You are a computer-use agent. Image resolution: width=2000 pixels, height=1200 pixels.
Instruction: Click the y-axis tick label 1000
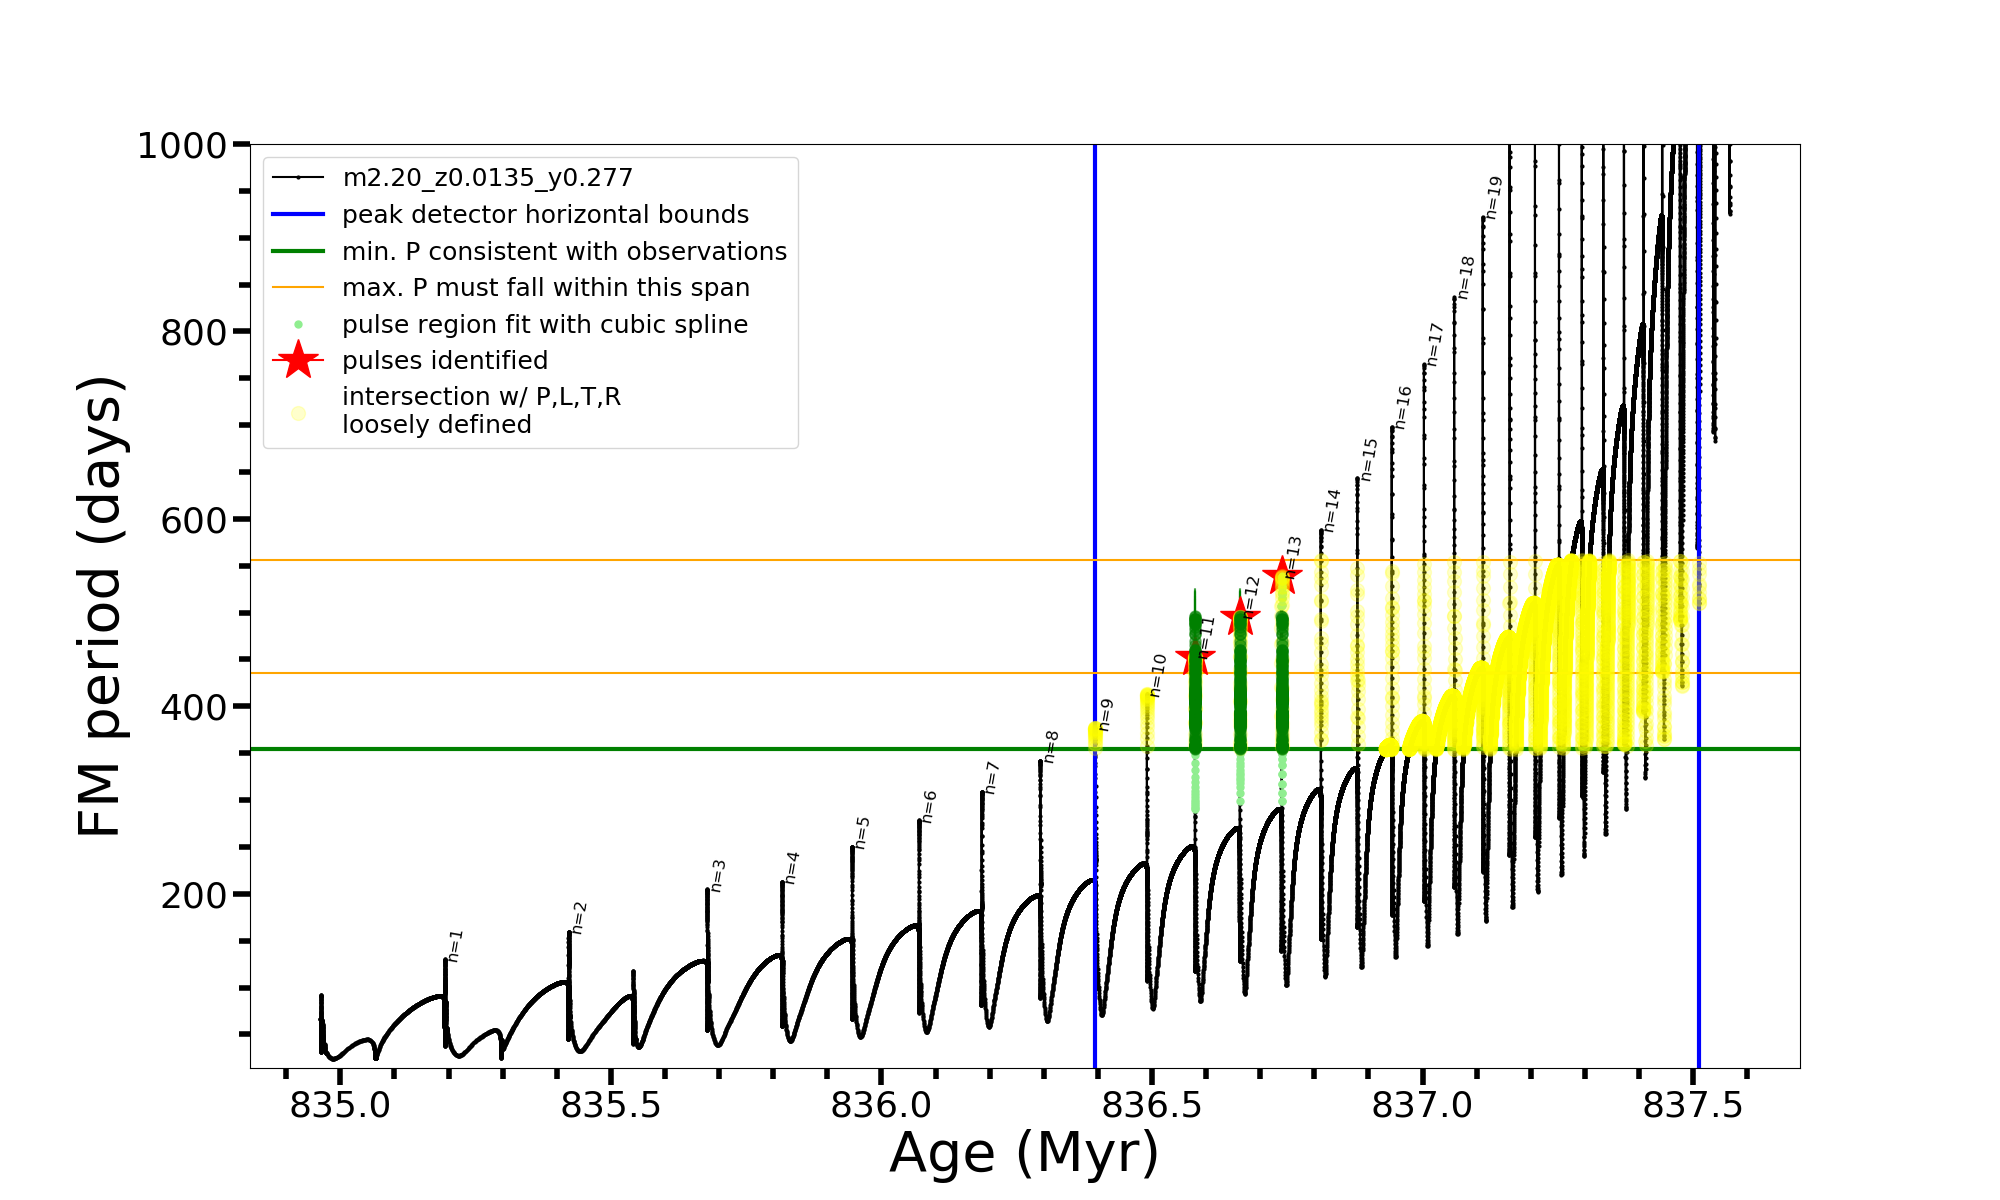pyautogui.click(x=182, y=146)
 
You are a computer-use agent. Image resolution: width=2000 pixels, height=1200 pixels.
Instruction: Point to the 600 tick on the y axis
pyautogui.click(x=194, y=520)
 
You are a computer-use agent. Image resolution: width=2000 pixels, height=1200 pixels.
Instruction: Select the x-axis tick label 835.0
pyautogui.click(x=340, y=1105)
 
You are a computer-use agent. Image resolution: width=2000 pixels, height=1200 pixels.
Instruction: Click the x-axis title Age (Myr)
pyautogui.click(x=1024, y=1153)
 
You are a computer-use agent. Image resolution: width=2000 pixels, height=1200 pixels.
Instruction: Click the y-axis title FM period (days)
pyautogui.click(x=101, y=606)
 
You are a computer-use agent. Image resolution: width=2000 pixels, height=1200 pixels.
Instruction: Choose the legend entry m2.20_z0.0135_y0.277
pyautogui.click(x=487, y=178)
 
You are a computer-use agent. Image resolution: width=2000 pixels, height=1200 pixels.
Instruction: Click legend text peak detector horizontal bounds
pyautogui.click(x=545, y=215)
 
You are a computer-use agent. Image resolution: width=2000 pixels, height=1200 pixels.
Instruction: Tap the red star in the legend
pyautogui.click(x=298, y=360)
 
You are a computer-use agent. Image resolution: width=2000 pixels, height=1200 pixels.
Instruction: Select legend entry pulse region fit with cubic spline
pyautogui.click(x=544, y=325)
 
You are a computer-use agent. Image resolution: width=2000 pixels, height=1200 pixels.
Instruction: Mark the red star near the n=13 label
pyautogui.click(x=1282, y=575)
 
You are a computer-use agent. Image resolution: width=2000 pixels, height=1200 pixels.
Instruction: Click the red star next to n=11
pyautogui.click(x=1195, y=659)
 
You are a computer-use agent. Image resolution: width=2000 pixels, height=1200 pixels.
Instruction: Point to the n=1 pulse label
pyautogui.click(x=455, y=946)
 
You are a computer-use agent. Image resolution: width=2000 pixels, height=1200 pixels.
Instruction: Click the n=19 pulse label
pyautogui.click(x=1494, y=197)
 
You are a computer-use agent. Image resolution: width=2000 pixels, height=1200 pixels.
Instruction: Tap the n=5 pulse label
pyautogui.click(x=862, y=833)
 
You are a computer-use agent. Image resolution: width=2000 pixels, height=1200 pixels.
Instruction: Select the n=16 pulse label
pyautogui.click(x=1403, y=408)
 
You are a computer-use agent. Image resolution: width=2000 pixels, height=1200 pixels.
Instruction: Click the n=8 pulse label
pyautogui.click(x=1051, y=747)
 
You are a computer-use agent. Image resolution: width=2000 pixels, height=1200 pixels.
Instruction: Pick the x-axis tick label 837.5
pyautogui.click(x=1692, y=1105)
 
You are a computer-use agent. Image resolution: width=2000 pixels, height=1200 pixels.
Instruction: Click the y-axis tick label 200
pyautogui.click(x=194, y=895)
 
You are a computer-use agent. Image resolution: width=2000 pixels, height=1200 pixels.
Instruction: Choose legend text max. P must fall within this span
pyautogui.click(x=545, y=288)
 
